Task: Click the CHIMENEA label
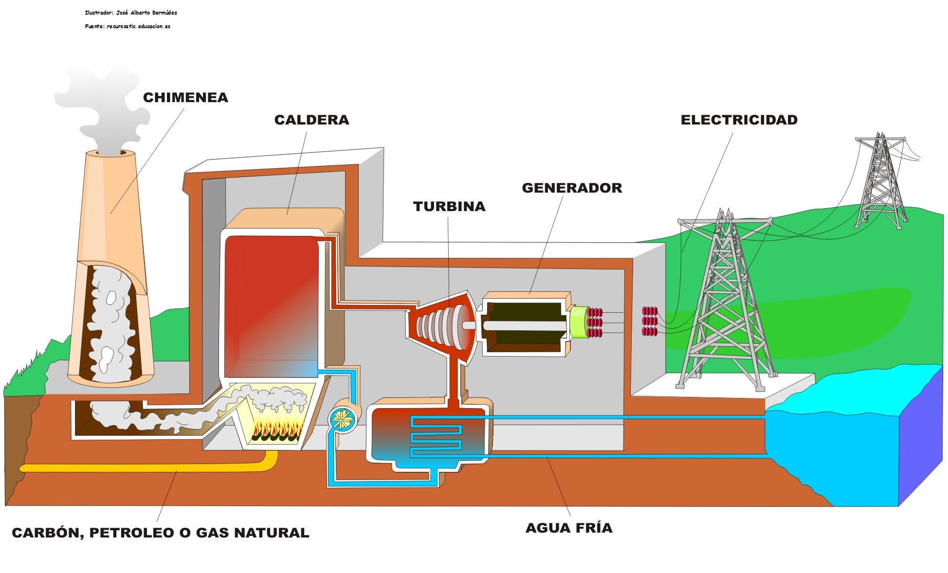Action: (x=185, y=97)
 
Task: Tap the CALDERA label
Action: (x=311, y=120)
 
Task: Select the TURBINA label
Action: (x=449, y=206)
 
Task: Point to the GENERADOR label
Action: (x=572, y=188)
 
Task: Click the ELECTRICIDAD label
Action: (x=739, y=120)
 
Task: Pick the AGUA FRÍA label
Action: (x=569, y=528)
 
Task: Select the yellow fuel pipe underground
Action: (x=146, y=467)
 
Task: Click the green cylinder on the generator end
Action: (x=579, y=322)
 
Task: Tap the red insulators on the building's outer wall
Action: (x=650, y=322)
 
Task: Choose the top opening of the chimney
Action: (x=115, y=153)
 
